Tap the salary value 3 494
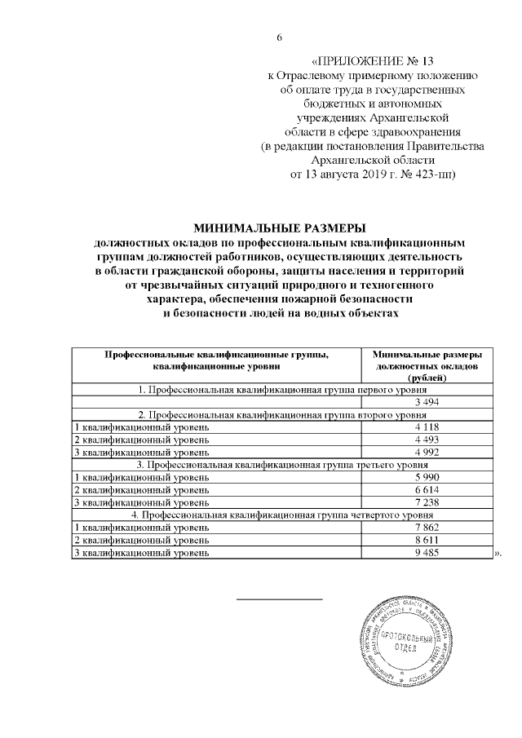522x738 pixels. pyautogui.click(x=428, y=402)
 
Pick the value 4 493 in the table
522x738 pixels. pyautogui.click(x=428, y=440)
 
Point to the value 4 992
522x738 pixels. pyautogui.click(x=428, y=453)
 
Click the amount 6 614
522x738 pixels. pyautogui.click(x=428, y=490)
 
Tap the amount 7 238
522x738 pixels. pyautogui.click(x=428, y=503)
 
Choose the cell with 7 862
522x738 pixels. pyautogui.click(x=428, y=528)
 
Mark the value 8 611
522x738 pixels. pyautogui.click(x=428, y=541)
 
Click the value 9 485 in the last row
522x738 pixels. pyautogui.click(x=428, y=554)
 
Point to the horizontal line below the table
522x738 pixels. pyautogui.click(x=279, y=599)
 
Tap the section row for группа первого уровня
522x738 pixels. pyautogui.click(x=281, y=389)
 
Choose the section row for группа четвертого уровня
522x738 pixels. pyautogui.click(x=281, y=515)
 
